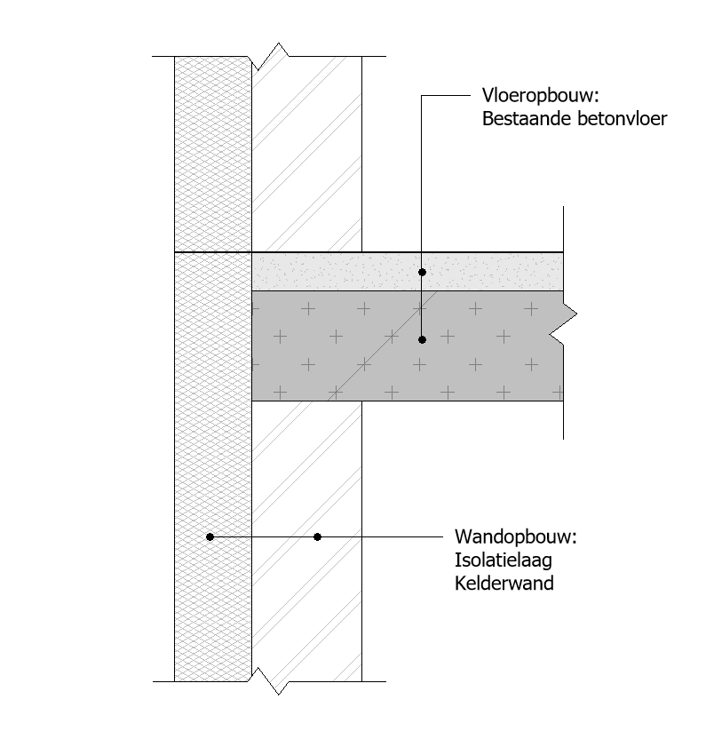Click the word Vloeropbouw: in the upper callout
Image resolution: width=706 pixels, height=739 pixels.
tap(540, 96)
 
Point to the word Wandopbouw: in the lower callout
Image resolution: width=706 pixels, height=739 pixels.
tap(516, 536)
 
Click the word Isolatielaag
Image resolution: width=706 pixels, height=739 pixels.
tap(504, 560)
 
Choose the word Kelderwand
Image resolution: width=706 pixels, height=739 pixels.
tap(504, 584)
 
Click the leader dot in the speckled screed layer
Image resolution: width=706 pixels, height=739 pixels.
tap(423, 273)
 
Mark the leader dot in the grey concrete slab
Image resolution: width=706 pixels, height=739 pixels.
tap(423, 340)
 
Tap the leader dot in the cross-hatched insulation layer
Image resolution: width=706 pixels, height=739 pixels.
tap(210, 536)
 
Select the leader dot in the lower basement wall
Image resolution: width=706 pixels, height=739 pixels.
tap(318, 536)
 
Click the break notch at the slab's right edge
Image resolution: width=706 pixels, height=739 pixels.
tap(563, 324)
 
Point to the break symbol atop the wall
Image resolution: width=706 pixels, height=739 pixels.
tap(271, 57)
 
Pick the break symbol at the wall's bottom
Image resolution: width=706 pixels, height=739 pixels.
tap(271, 681)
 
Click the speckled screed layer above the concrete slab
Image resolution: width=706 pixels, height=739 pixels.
tap(408, 272)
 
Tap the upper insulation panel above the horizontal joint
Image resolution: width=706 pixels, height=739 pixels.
tap(212, 155)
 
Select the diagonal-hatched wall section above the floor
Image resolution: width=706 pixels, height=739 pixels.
tap(306, 155)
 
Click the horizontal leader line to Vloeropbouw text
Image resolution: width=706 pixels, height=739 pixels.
tap(446, 95)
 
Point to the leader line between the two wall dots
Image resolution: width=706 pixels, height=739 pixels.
tap(264, 536)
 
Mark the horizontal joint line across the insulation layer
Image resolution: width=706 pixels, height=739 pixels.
tap(213, 252)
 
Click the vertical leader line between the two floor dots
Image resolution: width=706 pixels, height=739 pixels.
tap(423, 306)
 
